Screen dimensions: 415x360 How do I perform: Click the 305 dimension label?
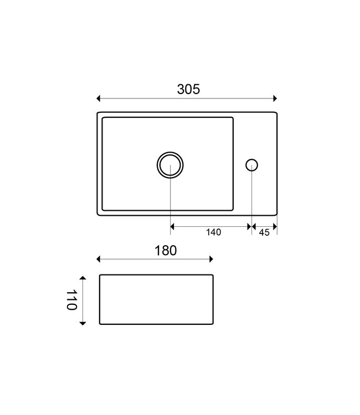(x=188, y=89)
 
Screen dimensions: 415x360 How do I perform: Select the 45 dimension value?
(x=264, y=232)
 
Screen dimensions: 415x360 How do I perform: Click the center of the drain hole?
(x=170, y=164)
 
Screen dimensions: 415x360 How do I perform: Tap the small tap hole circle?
(x=251, y=164)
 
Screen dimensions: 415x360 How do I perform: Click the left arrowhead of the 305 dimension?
(x=99, y=98)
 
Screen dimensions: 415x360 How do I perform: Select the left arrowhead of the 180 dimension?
(x=99, y=258)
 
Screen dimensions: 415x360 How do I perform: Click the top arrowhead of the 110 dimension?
(x=83, y=277)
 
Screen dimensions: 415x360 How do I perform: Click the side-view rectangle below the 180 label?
(x=156, y=299)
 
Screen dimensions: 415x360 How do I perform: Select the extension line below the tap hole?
(x=252, y=199)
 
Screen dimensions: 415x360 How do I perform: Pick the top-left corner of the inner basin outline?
(x=103, y=118)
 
